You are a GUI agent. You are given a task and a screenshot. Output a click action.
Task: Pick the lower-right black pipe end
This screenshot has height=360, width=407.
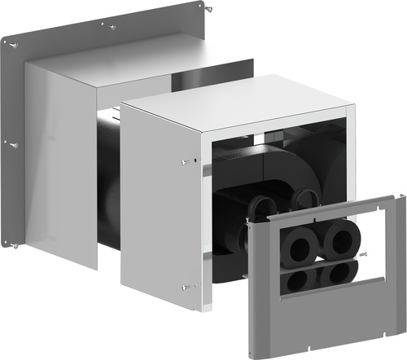tap(336, 274)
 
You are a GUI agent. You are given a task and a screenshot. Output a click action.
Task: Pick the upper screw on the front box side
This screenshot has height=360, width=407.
tap(187, 160)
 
